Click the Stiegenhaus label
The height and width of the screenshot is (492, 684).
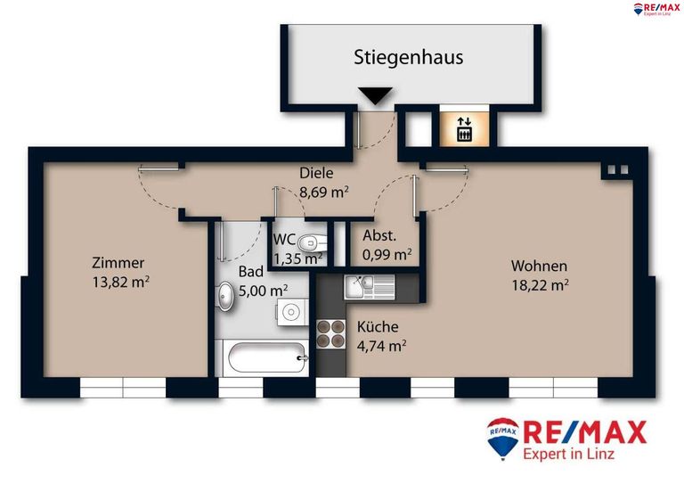pyautogui.click(x=409, y=59)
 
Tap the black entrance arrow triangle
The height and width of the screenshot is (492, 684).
pyautogui.click(x=374, y=95)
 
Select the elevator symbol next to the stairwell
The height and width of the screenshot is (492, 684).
pyautogui.click(x=464, y=128)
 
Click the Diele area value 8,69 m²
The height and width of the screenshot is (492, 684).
pyautogui.click(x=323, y=191)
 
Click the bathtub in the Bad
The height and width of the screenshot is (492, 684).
pyautogui.click(x=265, y=361)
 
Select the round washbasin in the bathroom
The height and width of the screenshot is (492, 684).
pyautogui.click(x=226, y=295)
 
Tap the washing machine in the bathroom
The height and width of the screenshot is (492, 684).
pyautogui.click(x=291, y=312)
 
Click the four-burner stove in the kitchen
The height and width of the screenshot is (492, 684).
pyautogui.click(x=331, y=332)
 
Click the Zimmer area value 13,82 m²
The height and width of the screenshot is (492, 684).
pyautogui.click(x=120, y=282)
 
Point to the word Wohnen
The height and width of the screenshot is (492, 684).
pyautogui.click(x=538, y=266)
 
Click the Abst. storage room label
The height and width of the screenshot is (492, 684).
pyautogui.click(x=379, y=237)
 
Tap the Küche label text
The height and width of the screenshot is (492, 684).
pyautogui.click(x=378, y=326)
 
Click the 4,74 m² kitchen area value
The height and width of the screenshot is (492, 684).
pyautogui.click(x=381, y=346)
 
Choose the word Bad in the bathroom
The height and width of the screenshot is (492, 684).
pyautogui.click(x=250, y=272)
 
